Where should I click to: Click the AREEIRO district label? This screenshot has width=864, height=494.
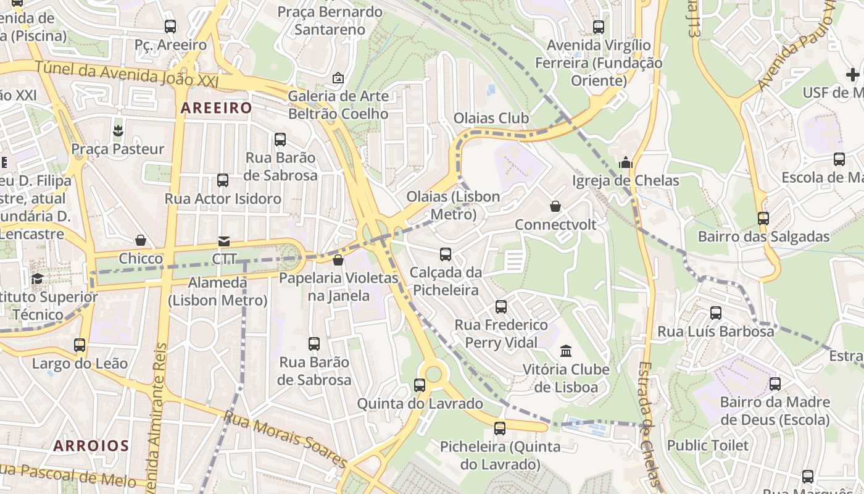(x=216, y=108)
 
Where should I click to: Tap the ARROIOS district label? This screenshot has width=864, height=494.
(x=91, y=446)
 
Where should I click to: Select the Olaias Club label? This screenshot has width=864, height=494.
(x=491, y=118)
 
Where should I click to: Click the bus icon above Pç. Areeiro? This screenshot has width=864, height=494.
(x=170, y=27)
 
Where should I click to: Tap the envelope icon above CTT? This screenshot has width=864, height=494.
(x=224, y=241)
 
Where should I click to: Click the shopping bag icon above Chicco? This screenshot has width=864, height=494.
(x=141, y=240)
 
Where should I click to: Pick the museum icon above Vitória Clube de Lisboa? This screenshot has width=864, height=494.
(x=566, y=351)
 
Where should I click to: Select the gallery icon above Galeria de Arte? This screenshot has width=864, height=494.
(x=338, y=78)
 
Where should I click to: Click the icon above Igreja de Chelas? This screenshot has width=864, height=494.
(x=626, y=163)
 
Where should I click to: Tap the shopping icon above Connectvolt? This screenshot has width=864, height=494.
(x=555, y=206)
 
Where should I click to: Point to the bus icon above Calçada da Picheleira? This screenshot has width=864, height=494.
(x=446, y=254)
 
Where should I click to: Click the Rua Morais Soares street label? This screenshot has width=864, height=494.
(x=285, y=439)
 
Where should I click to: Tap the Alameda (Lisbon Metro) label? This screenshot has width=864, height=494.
(x=218, y=291)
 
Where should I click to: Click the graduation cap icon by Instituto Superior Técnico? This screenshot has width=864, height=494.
(x=37, y=278)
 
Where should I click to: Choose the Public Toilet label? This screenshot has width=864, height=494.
(x=708, y=445)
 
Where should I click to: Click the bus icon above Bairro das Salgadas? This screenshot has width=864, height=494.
(x=763, y=218)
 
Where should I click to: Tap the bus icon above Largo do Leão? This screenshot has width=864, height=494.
(x=80, y=345)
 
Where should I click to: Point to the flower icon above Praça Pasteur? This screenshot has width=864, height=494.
(x=117, y=130)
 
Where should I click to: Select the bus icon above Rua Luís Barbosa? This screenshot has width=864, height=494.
(x=716, y=313)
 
